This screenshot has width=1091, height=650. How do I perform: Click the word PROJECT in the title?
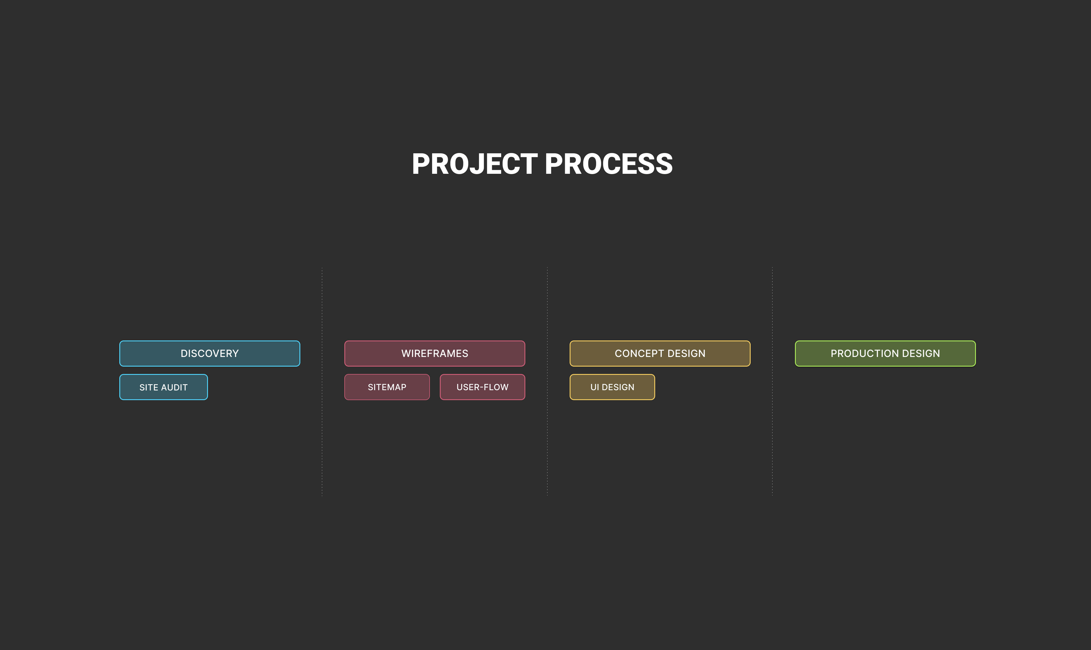(474, 164)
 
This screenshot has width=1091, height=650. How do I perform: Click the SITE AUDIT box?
(163, 387)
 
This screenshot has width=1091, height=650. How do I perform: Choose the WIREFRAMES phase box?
(435, 354)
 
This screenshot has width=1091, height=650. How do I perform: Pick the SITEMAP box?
(387, 387)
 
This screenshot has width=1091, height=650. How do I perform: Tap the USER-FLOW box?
(482, 387)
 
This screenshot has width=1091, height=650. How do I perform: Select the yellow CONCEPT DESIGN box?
(660, 354)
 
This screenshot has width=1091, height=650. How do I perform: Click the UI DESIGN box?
(612, 387)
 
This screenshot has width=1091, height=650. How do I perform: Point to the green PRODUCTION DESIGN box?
(885, 354)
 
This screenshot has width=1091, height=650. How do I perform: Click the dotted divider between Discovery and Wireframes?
(322, 381)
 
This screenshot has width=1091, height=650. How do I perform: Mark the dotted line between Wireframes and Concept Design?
(547, 381)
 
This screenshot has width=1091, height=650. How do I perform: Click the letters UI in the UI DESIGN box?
(595, 387)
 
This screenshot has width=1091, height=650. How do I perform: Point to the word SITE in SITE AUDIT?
(149, 388)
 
